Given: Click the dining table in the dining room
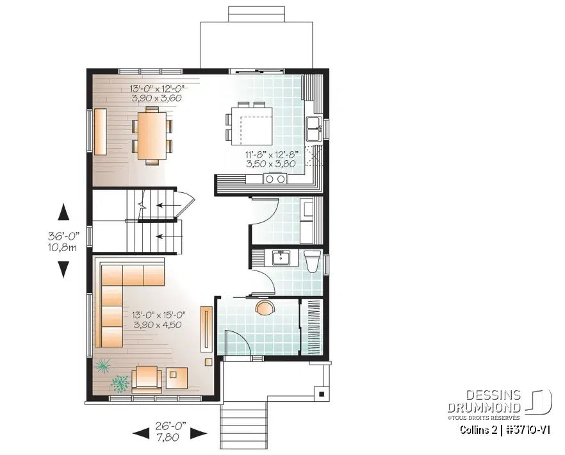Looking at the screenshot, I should (152, 135).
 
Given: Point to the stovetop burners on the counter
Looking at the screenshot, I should (276, 179).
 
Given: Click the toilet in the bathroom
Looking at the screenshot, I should (312, 261).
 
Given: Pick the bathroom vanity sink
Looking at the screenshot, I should (280, 258).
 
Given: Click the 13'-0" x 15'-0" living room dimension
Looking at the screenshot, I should (158, 320).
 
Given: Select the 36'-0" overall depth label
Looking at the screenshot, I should (62, 241).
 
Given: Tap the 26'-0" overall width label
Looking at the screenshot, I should (169, 433).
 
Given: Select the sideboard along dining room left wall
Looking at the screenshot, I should (101, 132).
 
